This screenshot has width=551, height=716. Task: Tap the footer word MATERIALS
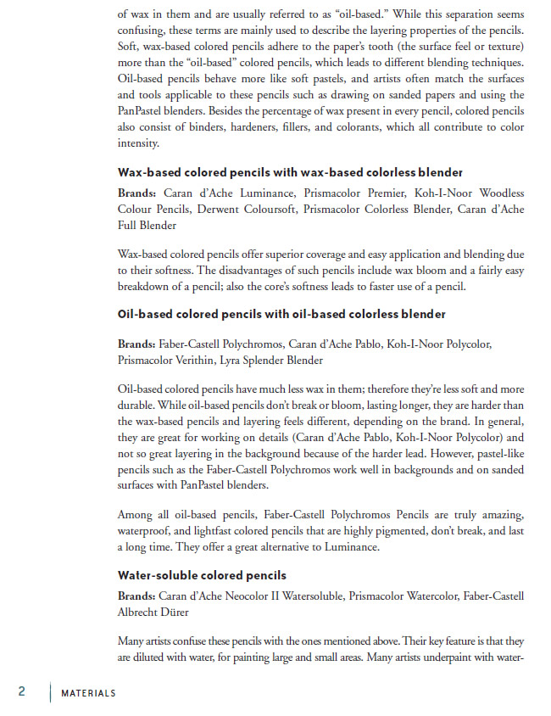pyautogui.click(x=88, y=693)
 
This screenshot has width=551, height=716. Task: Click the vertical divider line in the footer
pyautogui.click(x=50, y=691)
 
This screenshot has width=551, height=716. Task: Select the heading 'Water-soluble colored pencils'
pyautogui.click(x=202, y=575)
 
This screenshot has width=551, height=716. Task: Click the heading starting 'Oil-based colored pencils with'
pyautogui.click(x=281, y=314)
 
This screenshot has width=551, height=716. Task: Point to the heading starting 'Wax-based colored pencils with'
pyautogui.click(x=290, y=171)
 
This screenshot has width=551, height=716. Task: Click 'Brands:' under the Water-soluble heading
pyautogui.click(x=136, y=596)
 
